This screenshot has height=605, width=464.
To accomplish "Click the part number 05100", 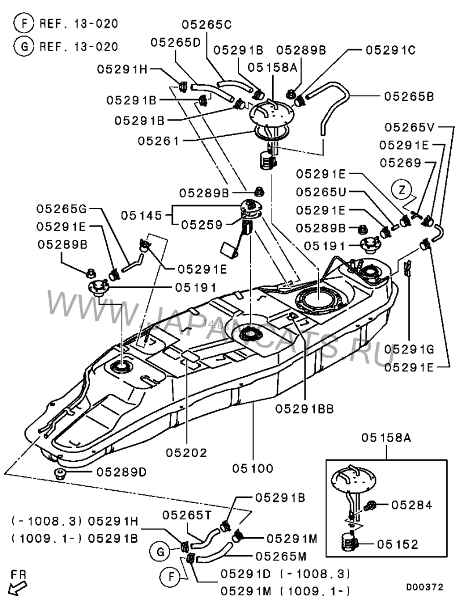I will click(253, 468).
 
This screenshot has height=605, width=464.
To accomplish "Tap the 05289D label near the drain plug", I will click(121, 472).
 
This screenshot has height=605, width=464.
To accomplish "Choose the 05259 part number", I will click(202, 223).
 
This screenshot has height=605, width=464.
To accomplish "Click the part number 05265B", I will click(410, 96).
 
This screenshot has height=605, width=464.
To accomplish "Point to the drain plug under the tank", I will click(59, 475).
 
